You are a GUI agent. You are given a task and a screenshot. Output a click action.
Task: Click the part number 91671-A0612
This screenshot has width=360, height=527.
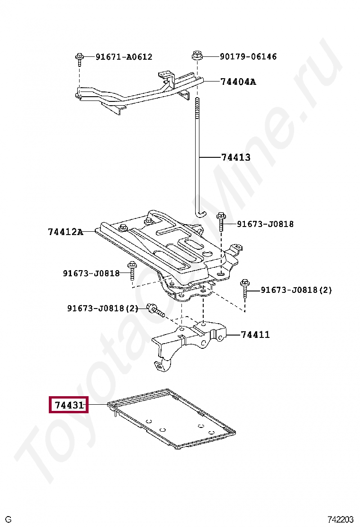pyautogui.click(x=124, y=57)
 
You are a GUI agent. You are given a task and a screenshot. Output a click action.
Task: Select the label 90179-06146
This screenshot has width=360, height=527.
pyautogui.click(x=248, y=56)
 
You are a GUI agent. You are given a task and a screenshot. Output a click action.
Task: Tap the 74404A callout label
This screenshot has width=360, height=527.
pyautogui.click(x=238, y=82)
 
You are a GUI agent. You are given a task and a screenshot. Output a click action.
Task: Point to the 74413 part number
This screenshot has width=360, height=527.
pyautogui.click(x=235, y=157)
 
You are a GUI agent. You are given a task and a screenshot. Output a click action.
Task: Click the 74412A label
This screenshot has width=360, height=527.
pyautogui.click(x=65, y=232)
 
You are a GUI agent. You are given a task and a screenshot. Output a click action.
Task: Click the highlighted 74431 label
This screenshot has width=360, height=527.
pyautogui.click(x=69, y=405)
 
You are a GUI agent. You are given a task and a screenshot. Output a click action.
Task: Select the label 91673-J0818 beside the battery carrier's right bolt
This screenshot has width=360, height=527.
pyautogui.click(x=265, y=224)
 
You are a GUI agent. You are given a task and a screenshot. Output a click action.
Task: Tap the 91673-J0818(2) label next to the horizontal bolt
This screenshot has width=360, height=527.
pyautogui.click(x=102, y=309)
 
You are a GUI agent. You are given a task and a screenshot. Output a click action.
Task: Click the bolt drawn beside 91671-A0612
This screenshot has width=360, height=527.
pyautogui.click(x=79, y=59)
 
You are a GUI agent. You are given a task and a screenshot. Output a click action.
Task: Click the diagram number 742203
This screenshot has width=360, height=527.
pyautogui.click(x=341, y=519)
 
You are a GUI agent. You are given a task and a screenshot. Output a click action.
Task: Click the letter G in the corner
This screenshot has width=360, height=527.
pyautogui.click(x=8, y=519)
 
